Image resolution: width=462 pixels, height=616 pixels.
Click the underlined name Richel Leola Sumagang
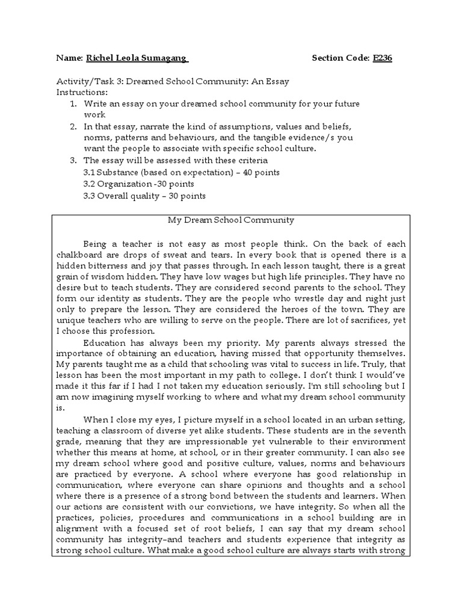pos(138,58)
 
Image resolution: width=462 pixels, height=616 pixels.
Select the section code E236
pos(382,58)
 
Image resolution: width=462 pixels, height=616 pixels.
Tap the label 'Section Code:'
pos(339,58)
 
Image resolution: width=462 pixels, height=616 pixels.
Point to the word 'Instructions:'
pos(82,93)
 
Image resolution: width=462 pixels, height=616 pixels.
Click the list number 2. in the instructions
pos(73,127)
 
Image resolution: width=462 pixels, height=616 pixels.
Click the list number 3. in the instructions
pos(73,161)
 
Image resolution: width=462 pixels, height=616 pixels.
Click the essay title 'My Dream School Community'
pos(230,220)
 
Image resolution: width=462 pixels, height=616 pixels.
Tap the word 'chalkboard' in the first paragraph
pos(78,255)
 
